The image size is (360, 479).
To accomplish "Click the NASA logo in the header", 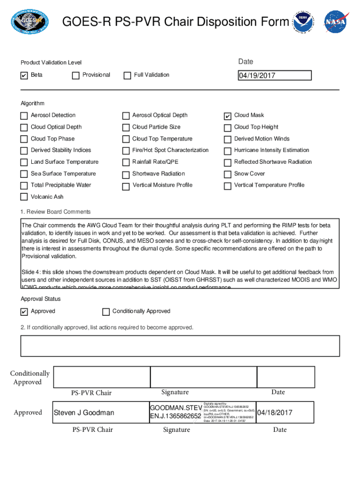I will [337, 22].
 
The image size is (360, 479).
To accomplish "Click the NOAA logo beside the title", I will [304, 22].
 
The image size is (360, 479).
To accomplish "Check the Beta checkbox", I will [24, 76].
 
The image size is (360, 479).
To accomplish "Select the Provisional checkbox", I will [76, 76].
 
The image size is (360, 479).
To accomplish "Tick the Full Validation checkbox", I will [127, 76].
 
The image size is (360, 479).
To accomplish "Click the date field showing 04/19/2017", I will [274, 76].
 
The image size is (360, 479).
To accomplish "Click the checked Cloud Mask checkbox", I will [228, 116].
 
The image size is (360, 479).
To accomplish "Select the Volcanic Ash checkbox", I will [24, 197].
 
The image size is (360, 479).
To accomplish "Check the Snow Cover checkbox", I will [228, 174].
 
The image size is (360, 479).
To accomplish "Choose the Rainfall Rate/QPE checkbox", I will [126, 163].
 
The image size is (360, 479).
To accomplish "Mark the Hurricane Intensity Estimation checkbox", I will [228, 151].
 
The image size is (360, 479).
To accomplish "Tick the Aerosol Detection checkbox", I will [24, 116].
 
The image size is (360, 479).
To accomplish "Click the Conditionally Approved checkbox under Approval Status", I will [106, 312].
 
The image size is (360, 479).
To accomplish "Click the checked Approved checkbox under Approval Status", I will [24, 312].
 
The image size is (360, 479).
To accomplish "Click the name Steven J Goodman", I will [84, 413].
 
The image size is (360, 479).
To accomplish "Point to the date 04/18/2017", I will [275, 413].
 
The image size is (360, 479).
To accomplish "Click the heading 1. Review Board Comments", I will [56, 212].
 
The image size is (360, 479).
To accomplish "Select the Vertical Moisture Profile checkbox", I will [126, 186].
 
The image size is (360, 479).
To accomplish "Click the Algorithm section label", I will [32, 103].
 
